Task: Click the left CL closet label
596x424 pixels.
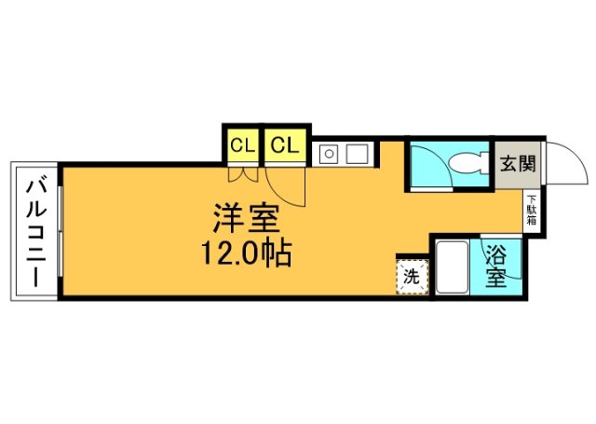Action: point(242,145)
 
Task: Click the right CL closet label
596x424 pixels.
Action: point(285,145)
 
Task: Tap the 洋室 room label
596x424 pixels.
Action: point(246,218)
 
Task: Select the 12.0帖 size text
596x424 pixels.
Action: point(246,253)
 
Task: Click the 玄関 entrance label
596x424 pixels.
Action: point(518,164)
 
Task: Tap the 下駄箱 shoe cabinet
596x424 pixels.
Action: point(532,210)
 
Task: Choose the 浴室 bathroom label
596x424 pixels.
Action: point(496,267)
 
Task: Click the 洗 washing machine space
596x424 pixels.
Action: point(413,277)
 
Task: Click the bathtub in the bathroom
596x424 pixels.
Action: point(451,267)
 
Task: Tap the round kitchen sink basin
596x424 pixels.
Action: point(329,154)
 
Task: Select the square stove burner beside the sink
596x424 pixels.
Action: point(358,154)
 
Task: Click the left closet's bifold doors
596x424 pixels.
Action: point(243,174)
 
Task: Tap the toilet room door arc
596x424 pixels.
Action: point(440,159)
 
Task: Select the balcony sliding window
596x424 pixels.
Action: point(60,232)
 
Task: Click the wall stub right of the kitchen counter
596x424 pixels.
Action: point(377,154)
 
